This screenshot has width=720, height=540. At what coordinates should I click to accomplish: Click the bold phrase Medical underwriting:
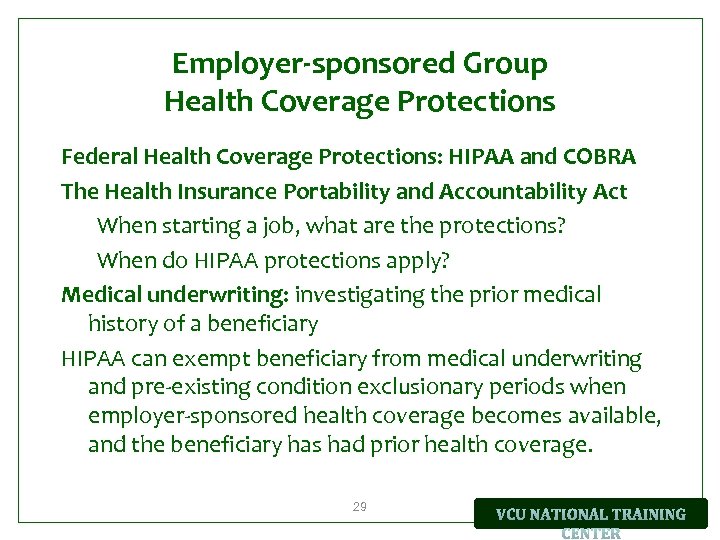pyautogui.click(x=175, y=295)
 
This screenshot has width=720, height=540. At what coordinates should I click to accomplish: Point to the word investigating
pyautogui.click(x=358, y=295)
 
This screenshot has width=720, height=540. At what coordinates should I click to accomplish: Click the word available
pyautogui.click(x=616, y=416)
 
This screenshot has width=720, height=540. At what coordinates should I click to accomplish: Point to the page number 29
pyautogui.click(x=360, y=507)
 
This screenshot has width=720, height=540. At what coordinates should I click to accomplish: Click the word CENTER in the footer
pyautogui.click(x=591, y=533)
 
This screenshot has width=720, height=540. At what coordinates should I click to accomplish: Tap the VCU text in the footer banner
pyautogui.click(x=517, y=514)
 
